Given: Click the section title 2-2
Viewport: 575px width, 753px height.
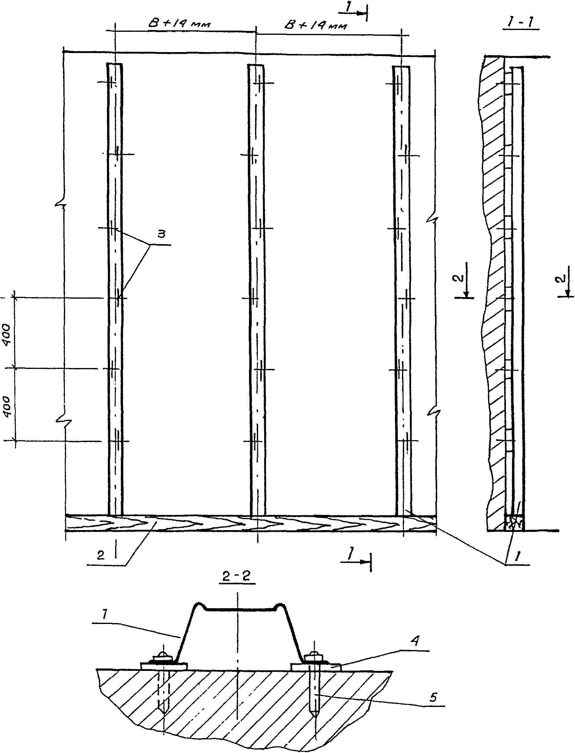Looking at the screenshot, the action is [237, 576].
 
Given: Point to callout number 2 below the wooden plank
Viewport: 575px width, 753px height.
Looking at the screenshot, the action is [100, 555].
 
